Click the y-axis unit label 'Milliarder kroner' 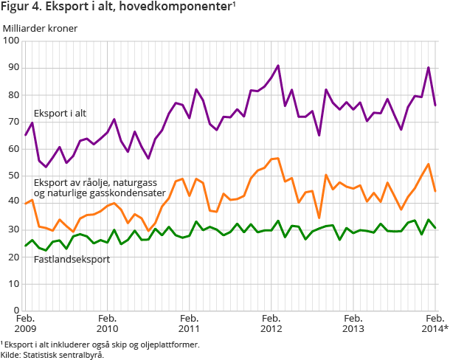point(40,28)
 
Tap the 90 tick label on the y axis point(13,68)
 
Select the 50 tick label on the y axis point(13,176)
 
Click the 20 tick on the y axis point(13,257)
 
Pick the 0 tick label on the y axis point(15,311)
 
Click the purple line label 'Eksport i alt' point(60,113)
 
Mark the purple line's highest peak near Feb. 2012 point(277,66)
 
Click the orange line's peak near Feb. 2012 point(277,158)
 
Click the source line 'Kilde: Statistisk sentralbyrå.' point(52,354)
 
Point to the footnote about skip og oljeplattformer point(100,344)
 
